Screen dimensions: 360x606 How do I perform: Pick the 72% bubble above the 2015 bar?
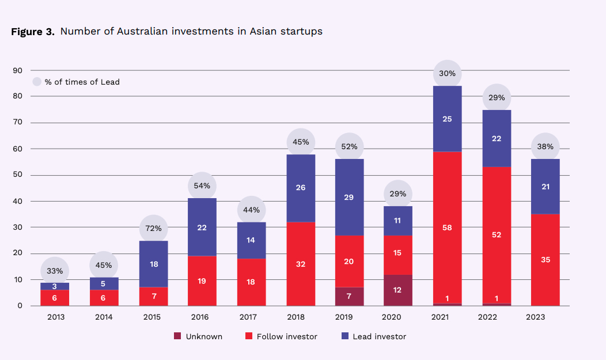tap(154, 229)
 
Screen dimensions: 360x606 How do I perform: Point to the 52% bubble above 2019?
tap(350, 147)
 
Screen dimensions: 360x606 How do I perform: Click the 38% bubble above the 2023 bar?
tap(546, 147)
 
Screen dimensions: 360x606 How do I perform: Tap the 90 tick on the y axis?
tap(18, 70)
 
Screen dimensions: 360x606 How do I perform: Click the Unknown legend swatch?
tap(177, 336)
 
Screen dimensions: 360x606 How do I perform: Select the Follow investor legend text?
tap(286, 336)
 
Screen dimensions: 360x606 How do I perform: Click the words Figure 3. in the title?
tap(33, 32)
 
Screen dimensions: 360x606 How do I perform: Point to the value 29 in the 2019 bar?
tap(350, 198)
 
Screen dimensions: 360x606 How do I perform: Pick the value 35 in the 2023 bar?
tap(546, 260)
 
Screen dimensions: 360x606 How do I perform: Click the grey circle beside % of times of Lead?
tap(37, 82)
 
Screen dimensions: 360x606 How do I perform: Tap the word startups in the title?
tap(302, 31)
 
